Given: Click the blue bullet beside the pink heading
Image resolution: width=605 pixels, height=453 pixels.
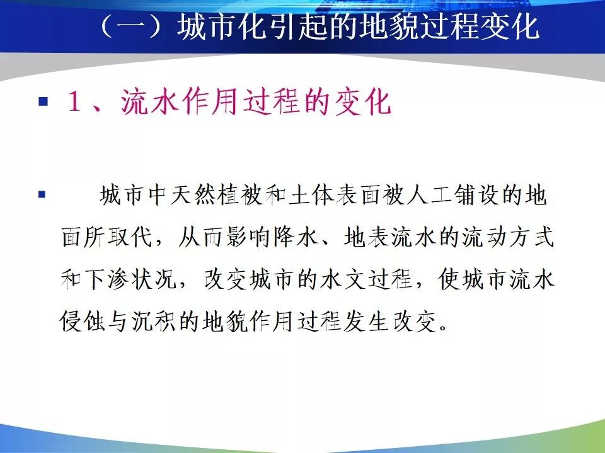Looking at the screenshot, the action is click(x=43, y=101).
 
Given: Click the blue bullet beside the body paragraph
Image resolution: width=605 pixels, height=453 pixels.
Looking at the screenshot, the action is click(x=42, y=194).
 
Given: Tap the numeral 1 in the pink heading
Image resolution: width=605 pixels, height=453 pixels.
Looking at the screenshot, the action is click(x=74, y=103).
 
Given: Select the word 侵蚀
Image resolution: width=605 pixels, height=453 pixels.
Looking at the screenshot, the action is click(x=83, y=322).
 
